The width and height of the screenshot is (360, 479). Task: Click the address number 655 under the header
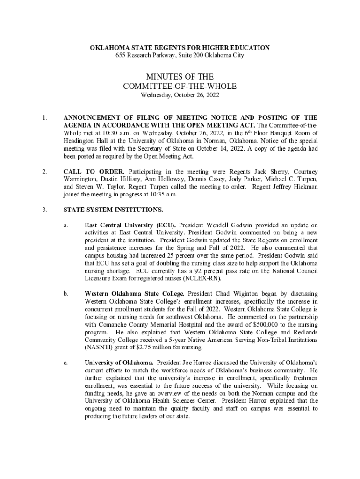click(x=121, y=55)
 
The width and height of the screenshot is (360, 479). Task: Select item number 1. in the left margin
click(x=44, y=117)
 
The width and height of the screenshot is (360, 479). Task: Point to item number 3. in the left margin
click(x=44, y=210)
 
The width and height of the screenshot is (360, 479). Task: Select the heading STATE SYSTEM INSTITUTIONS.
click(x=114, y=210)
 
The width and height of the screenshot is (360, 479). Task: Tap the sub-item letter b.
click(x=67, y=293)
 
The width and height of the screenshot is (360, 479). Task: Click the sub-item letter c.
click(x=66, y=362)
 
